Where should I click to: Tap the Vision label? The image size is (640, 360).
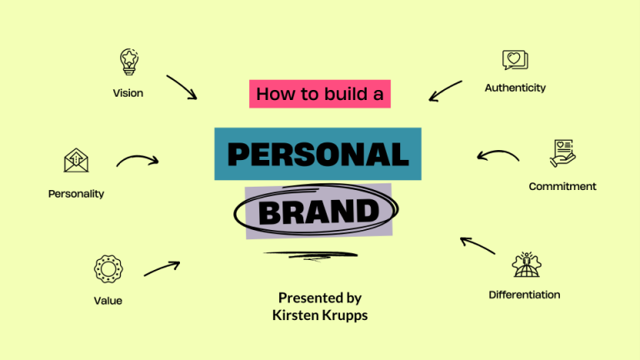[127, 93]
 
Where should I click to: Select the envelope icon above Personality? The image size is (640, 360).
[76, 161]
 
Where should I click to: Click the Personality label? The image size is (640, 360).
[76, 194]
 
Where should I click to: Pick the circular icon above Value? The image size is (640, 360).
[107, 268]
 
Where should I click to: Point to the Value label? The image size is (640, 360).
[107, 301]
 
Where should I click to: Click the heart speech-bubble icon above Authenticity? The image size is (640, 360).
[515, 60]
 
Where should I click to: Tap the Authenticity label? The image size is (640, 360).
[515, 87]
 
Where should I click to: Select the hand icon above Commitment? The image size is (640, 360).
[562, 153]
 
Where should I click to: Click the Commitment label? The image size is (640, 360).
[562, 187]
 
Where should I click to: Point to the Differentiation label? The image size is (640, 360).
[524, 295]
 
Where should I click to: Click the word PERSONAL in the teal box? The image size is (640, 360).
[317, 154]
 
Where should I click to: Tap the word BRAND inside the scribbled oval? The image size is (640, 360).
[318, 212]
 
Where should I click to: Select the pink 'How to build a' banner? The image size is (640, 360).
[320, 94]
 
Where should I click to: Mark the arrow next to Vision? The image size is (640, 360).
[181, 87]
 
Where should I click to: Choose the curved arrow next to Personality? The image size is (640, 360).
[137, 159]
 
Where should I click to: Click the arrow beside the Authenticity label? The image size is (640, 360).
[445, 91]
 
